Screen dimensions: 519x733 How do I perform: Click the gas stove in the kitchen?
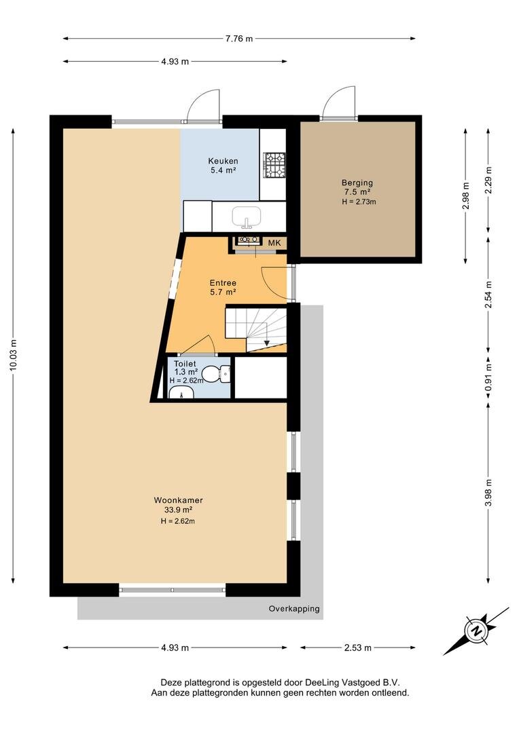[x=274, y=165]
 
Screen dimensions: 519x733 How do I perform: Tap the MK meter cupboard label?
[x=274, y=242]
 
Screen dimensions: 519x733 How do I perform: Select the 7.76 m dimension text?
[x=238, y=39]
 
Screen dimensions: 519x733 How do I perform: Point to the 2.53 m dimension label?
[x=357, y=647]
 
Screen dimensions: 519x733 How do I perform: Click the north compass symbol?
[x=476, y=631]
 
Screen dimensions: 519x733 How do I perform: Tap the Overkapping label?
[x=294, y=609]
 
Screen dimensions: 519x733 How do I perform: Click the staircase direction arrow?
[x=266, y=343]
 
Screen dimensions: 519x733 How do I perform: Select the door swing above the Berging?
[x=338, y=103]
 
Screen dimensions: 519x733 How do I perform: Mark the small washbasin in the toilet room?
[x=181, y=394]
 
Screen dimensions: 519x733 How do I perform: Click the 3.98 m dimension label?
[x=488, y=493]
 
